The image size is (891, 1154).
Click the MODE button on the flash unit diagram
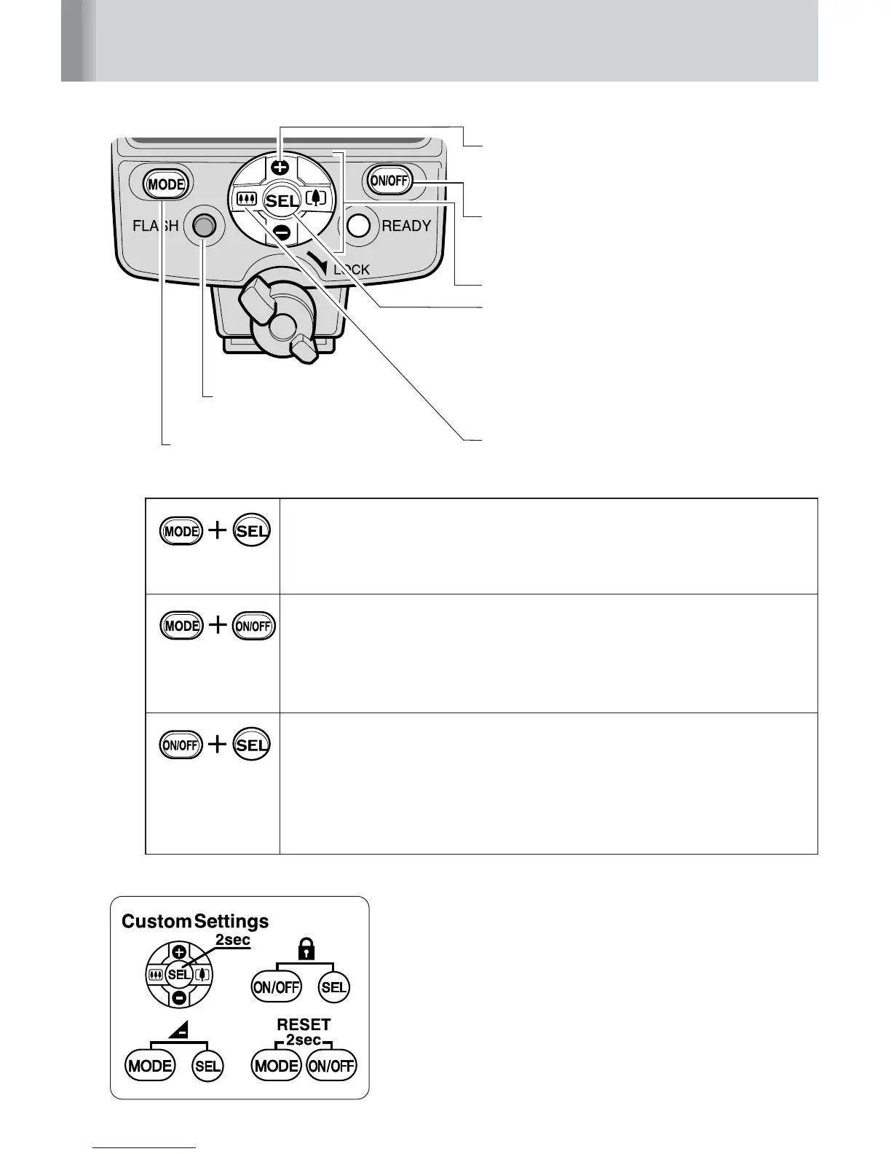tap(166, 184)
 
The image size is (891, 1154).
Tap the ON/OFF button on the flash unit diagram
tap(389, 181)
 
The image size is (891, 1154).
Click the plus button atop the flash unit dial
tap(285, 166)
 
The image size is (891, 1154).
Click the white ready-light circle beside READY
tap(359, 226)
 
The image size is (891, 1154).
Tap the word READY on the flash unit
tap(406, 226)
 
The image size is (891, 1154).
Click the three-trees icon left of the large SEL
tap(244, 199)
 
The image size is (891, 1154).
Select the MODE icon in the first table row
tap(181, 531)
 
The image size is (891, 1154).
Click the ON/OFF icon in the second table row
tap(254, 626)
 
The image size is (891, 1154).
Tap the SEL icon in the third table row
tap(252, 745)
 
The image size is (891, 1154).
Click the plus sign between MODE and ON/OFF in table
tap(218, 626)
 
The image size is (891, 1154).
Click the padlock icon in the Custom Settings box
tap(300, 949)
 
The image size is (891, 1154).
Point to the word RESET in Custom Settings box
tap(304, 1024)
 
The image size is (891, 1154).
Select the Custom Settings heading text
tap(195, 922)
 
